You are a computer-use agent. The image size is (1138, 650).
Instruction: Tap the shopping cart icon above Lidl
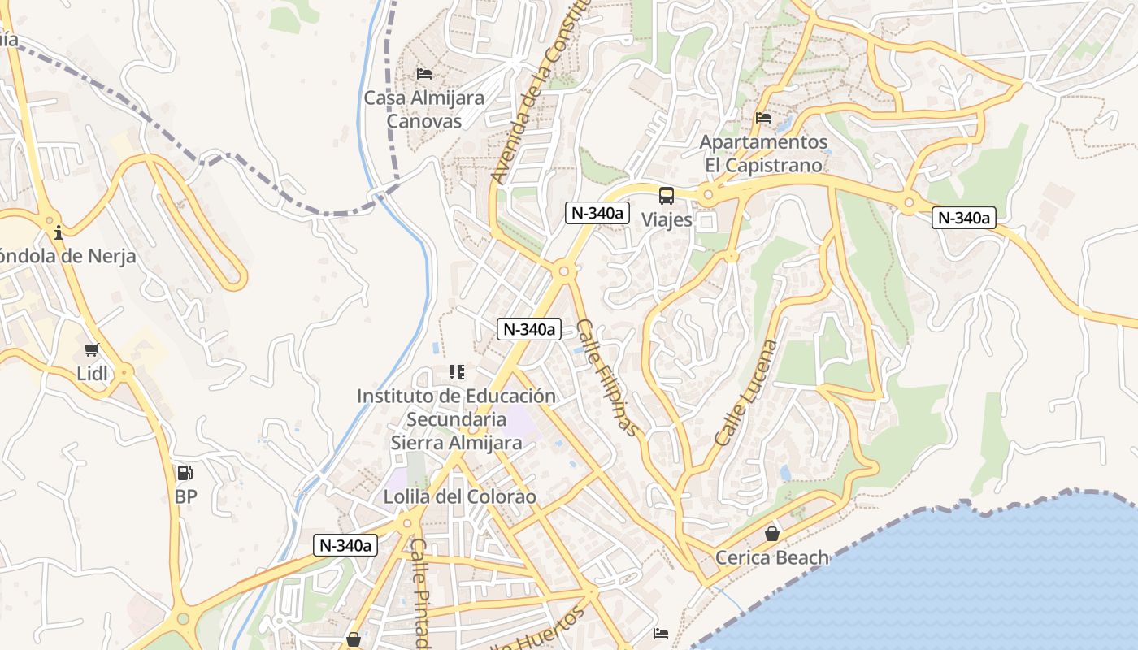click(x=91, y=350)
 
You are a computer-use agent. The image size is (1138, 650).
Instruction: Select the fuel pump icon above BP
click(x=185, y=473)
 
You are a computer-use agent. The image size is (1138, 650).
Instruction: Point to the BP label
click(x=185, y=496)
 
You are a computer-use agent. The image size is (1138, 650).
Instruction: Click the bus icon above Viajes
click(x=667, y=195)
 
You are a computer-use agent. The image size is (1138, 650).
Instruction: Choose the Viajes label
click(x=667, y=219)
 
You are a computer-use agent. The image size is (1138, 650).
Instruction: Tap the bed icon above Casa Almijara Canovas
click(x=423, y=74)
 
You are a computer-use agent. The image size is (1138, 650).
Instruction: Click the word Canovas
click(x=423, y=121)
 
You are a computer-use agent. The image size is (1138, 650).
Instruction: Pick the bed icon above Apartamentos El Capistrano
click(x=762, y=118)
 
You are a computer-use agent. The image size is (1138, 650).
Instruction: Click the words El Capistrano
click(x=763, y=165)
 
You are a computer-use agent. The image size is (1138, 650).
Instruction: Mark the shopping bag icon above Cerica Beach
click(x=771, y=534)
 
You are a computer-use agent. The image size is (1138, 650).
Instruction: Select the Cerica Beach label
click(x=771, y=557)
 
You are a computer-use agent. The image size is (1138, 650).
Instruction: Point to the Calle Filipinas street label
click(x=607, y=378)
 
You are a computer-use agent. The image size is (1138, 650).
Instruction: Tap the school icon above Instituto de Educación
click(x=456, y=372)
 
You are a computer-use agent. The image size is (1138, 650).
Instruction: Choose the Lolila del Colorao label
click(x=460, y=496)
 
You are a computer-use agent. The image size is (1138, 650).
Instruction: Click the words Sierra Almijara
click(x=456, y=443)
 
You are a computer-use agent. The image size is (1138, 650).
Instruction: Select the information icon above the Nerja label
click(x=58, y=233)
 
